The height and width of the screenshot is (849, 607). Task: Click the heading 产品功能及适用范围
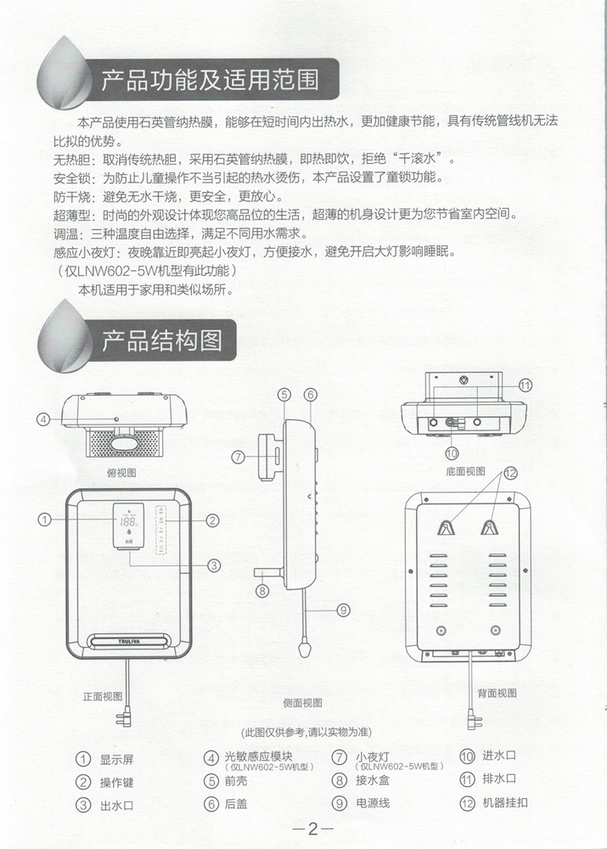click(210, 80)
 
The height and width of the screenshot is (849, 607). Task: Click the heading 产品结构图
click(162, 340)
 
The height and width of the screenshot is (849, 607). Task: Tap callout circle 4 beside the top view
click(43, 419)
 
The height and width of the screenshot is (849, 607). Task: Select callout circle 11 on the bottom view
click(526, 385)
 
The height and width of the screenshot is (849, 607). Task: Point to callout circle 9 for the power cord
click(343, 610)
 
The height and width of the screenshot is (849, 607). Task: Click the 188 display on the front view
click(129, 521)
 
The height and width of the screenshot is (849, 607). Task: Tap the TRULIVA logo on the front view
click(129, 642)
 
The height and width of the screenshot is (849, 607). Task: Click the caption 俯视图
click(122, 473)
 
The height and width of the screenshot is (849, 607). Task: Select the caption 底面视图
click(466, 471)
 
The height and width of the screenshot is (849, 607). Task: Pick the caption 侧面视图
click(303, 703)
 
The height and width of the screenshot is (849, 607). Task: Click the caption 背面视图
click(497, 693)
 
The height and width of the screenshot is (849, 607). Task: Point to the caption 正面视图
click(103, 696)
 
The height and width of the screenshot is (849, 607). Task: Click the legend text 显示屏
click(116, 760)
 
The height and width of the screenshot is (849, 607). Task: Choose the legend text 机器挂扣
click(504, 802)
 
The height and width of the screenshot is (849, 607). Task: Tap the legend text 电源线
click(373, 803)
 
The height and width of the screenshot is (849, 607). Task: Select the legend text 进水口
click(499, 756)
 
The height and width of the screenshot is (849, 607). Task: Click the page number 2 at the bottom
click(313, 829)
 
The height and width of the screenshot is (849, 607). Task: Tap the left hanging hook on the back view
click(446, 527)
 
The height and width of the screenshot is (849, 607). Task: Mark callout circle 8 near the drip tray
click(262, 590)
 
